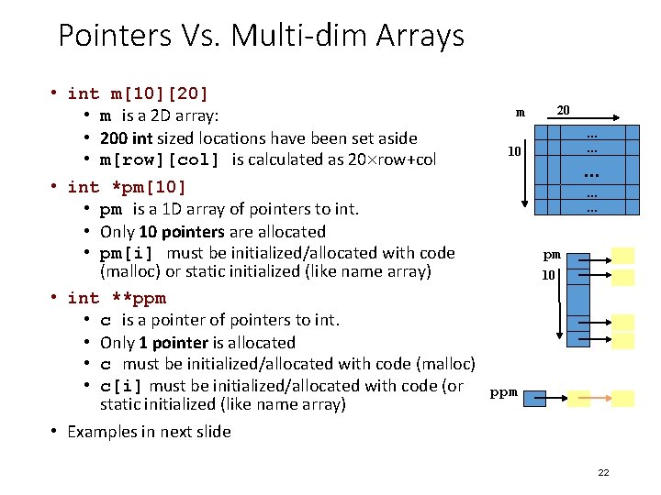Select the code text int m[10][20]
coord(138,93)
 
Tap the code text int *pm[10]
coord(127,187)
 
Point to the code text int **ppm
coord(117,298)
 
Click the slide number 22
coord(603,472)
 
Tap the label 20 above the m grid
coord(564,110)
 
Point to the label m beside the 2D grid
coord(521,113)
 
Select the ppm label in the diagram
coord(503,392)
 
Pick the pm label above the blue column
coord(551,255)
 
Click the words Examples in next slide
coord(149,432)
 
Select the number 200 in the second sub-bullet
coord(114,137)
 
